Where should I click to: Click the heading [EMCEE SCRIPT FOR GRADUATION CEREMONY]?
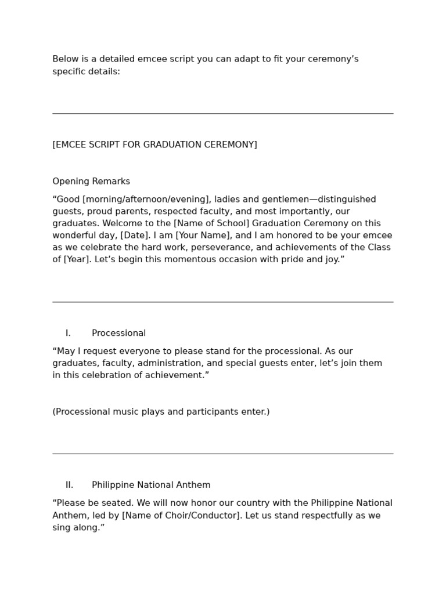[154, 144]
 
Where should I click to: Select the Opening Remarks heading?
[91, 181]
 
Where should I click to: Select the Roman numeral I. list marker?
[68, 333]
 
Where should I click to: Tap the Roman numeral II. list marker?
[69, 485]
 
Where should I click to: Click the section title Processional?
[118, 333]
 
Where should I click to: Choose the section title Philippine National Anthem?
[151, 485]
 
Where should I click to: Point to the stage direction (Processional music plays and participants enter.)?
[161, 412]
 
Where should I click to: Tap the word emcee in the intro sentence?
[151, 59]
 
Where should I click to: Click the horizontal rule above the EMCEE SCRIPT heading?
[223, 114]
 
